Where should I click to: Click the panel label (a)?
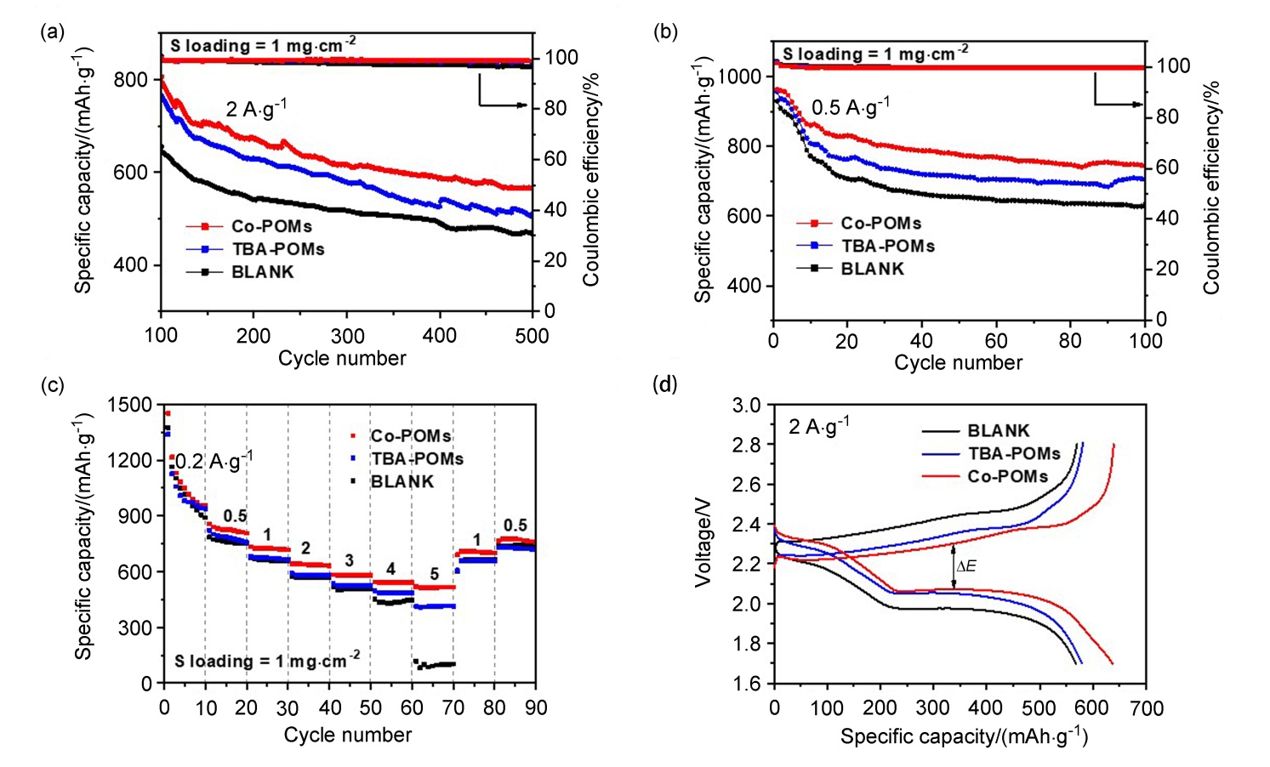pyautogui.click(x=52, y=33)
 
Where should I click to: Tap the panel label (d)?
pyautogui.click(x=665, y=384)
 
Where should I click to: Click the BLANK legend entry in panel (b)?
pyautogui.click(x=872, y=269)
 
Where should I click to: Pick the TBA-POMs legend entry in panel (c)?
pyautogui.click(x=417, y=459)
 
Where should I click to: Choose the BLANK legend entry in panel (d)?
pyautogui.click(x=998, y=431)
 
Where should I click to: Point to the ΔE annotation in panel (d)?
pyautogui.click(x=966, y=566)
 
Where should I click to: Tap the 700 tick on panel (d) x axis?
pyautogui.click(x=1146, y=707)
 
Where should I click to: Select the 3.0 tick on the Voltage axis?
pyautogui.click(x=747, y=405)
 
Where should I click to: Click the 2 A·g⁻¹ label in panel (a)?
pyautogui.click(x=256, y=109)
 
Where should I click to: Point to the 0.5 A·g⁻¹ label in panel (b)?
pyautogui.click(x=851, y=107)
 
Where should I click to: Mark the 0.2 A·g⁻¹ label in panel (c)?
pyautogui.click(x=214, y=462)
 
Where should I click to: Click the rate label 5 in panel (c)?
pyautogui.click(x=435, y=576)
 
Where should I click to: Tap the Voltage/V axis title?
pyautogui.click(x=703, y=544)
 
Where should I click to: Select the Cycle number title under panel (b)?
pyautogui.click(x=958, y=363)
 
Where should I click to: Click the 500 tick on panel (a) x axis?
pyautogui.click(x=532, y=336)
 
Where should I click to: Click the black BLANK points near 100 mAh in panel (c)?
pyautogui.click(x=435, y=664)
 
